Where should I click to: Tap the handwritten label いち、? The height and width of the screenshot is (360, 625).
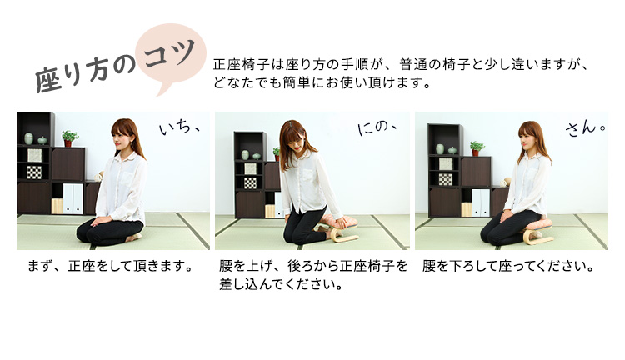pos(179,128)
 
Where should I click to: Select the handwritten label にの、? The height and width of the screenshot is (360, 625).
pos(377,127)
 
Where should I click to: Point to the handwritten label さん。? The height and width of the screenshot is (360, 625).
pos(586,128)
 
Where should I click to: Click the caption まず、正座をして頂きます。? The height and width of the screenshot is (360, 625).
pos(110,266)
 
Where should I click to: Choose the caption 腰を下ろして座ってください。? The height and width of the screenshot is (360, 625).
pos(508,266)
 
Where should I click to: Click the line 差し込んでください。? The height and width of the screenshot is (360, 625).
pos(281,284)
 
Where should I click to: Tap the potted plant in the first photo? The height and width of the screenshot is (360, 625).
pos(69,138)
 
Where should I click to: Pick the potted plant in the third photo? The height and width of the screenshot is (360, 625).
pos(477,147)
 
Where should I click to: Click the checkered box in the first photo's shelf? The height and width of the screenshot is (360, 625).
pos(34,172)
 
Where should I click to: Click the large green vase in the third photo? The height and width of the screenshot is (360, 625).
pos(440,149)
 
